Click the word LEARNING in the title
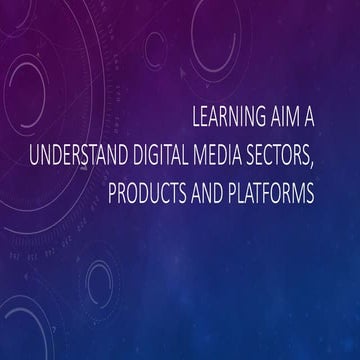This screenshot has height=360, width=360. point(229,116)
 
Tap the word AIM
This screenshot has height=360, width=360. point(294,116)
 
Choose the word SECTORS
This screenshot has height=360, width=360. point(298,155)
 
